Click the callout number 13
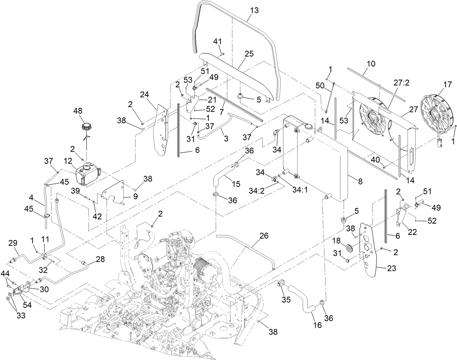[254, 11]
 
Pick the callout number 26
[264, 236]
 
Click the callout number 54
[27, 305]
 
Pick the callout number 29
[13, 242]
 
